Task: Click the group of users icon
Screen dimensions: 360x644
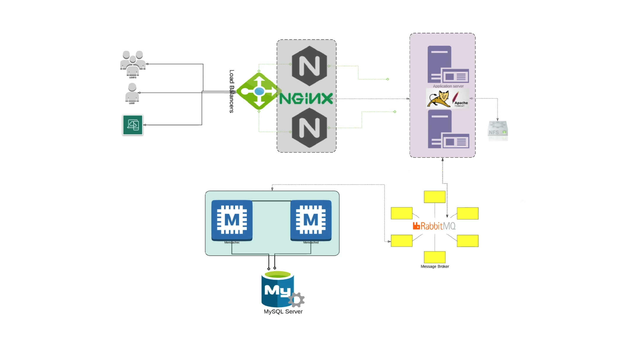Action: [x=133, y=63]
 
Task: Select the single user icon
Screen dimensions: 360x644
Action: [x=132, y=93]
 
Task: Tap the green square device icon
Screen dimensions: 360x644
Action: [x=133, y=125]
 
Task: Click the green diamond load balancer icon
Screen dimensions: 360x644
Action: [x=259, y=91]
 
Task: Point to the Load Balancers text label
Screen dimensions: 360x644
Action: [x=232, y=91]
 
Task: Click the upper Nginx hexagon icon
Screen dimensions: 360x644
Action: [x=309, y=66]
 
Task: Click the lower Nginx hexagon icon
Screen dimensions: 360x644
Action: [x=309, y=128]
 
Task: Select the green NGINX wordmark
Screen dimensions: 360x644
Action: [x=306, y=99]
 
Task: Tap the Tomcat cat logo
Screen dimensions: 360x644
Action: [x=439, y=99]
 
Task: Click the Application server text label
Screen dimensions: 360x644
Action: [x=448, y=86]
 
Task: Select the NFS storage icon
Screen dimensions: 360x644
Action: [x=497, y=131]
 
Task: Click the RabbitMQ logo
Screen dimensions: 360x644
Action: [x=434, y=226]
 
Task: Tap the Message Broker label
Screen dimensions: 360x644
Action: [x=435, y=267]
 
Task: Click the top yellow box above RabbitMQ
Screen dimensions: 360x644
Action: [x=435, y=197]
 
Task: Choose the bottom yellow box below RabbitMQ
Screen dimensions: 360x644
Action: [x=435, y=257]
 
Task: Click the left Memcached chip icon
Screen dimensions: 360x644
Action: [x=232, y=220]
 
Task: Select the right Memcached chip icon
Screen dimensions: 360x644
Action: [x=311, y=220]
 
